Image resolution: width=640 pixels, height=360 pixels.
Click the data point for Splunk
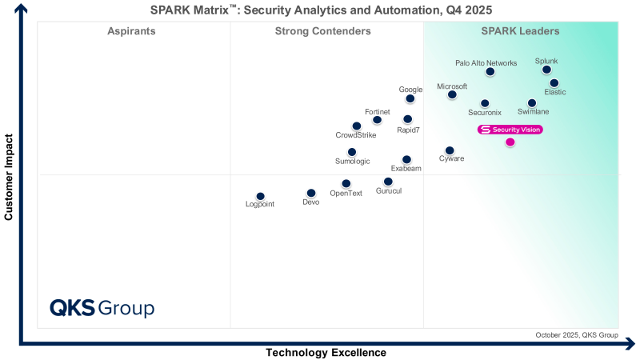pos(546,70)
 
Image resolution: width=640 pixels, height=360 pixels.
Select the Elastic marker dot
pos(554,82)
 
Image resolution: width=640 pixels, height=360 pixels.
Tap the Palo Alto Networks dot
pos(490,72)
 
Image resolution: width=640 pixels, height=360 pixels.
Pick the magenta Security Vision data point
pos(510,142)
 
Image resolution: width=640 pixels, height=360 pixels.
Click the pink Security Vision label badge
pos(510,130)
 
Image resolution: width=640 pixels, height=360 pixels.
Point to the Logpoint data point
pos(260,196)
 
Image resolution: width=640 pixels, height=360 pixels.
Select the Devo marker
pos(311,193)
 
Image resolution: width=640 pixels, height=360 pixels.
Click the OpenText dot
pos(346,183)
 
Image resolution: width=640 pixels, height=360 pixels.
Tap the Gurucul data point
pos(388,182)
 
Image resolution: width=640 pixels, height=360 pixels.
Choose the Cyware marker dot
pos(450,150)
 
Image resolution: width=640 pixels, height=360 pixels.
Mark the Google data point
pos(410,98)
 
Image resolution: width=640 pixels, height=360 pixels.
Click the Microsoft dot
pos(452,94)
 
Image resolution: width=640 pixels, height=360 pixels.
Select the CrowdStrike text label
pos(356,135)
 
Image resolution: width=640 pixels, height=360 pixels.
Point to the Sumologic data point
pos(352,152)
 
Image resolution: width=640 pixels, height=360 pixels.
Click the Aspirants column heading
pos(131,31)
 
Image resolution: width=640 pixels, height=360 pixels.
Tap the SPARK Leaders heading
pos(520,31)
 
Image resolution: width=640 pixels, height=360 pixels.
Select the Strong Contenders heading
pos(322,31)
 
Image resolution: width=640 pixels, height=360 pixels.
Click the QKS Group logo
pos(102,308)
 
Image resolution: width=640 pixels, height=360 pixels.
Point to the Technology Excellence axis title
pos(326,353)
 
